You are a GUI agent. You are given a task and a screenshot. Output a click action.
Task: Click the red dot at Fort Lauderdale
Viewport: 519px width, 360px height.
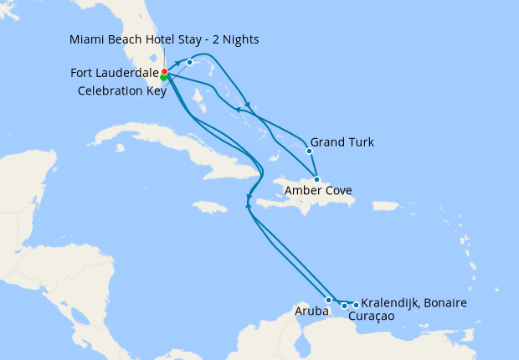point(164,72)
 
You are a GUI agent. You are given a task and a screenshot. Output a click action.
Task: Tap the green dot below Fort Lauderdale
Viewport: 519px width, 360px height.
point(164,78)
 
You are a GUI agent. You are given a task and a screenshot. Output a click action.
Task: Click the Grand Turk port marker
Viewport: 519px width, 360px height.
point(309,152)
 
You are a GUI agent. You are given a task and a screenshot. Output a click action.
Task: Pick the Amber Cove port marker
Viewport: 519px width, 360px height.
point(316,179)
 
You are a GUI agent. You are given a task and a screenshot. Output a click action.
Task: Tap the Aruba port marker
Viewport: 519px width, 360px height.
point(329,300)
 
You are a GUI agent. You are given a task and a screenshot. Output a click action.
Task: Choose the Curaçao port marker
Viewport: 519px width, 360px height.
point(344,306)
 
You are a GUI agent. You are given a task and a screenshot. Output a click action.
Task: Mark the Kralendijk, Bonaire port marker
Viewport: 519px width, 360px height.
point(356,305)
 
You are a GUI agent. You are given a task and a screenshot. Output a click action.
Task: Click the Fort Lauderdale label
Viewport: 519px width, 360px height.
point(115,74)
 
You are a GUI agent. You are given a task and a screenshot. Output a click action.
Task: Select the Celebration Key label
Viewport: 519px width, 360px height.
point(121,90)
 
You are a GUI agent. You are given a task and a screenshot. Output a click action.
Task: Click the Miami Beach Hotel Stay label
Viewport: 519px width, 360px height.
point(164,39)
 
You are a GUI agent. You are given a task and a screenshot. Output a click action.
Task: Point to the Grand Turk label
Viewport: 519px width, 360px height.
point(342,142)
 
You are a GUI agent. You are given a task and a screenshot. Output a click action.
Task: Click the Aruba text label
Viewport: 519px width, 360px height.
point(307,311)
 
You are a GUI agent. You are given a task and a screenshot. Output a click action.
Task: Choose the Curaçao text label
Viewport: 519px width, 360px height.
point(369,316)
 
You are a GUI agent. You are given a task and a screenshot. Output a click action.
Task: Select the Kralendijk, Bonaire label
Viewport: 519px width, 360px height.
point(414,302)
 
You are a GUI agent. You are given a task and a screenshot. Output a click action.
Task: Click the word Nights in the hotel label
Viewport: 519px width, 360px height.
point(239,39)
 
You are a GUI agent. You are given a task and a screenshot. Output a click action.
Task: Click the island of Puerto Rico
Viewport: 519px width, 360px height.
point(386,206)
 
